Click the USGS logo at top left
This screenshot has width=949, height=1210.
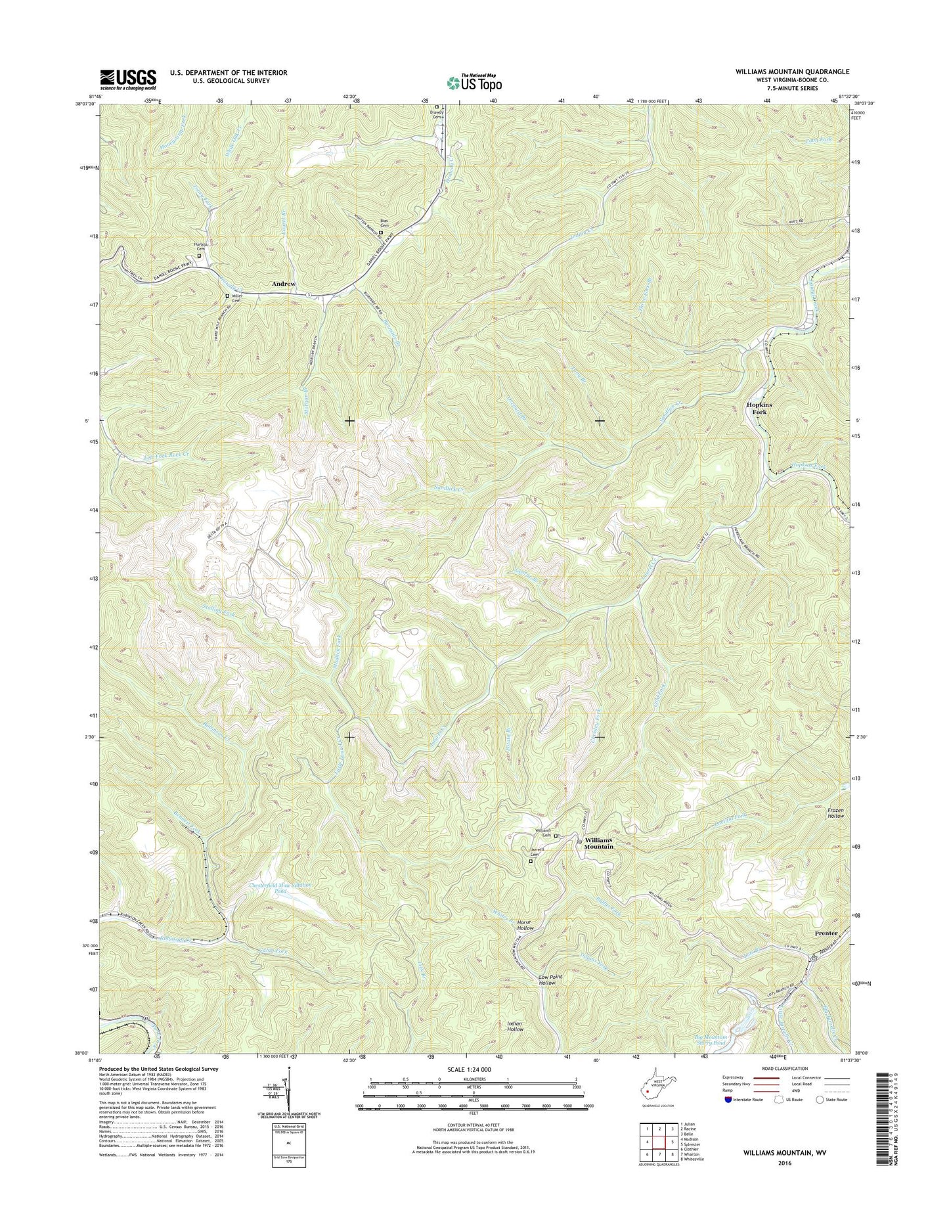coord(128,79)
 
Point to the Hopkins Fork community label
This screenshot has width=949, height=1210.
coord(759,409)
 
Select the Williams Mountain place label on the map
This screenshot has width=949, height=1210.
coord(599,843)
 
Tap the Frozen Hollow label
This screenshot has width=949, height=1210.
coord(835,813)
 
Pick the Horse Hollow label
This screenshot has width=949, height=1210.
coord(525,924)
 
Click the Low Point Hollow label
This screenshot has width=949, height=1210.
coord(550,979)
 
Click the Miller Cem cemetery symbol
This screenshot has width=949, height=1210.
coord(227,296)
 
